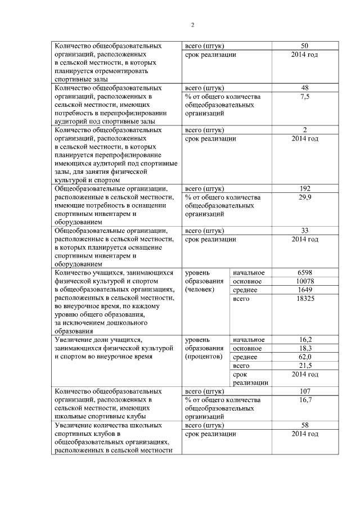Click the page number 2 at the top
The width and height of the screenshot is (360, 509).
tap(192, 25)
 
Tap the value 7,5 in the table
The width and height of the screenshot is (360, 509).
tap(304, 97)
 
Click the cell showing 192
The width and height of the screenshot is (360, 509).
tap(304, 188)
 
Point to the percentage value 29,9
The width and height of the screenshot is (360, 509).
tap(304, 197)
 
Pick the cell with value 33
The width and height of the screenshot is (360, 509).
tap(304, 231)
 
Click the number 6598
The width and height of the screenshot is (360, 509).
tap(304, 273)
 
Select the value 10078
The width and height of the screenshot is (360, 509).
tap(304, 281)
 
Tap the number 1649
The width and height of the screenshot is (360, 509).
tap(304, 290)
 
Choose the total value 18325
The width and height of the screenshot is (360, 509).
tap(304, 298)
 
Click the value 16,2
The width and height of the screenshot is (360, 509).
tap(304, 340)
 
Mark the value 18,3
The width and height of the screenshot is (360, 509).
tap(304, 349)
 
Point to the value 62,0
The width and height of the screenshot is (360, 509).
tap(304, 357)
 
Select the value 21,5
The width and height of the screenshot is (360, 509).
tap(304, 366)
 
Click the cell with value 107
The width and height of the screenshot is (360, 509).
tap(304, 391)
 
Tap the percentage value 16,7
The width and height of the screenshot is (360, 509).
tap(304, 400)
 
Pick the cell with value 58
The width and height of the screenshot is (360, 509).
tap(304, 426)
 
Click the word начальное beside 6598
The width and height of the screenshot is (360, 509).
tap(248, 273)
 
